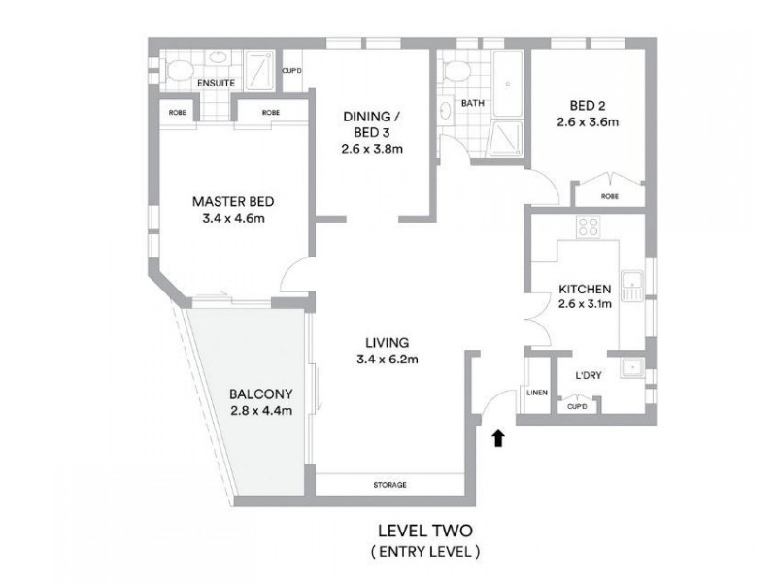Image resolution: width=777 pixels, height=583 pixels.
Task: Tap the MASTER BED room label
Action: point(233,202)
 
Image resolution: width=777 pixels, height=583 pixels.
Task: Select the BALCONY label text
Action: point(261,394)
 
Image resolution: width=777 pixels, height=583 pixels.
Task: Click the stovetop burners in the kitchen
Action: point(589,228)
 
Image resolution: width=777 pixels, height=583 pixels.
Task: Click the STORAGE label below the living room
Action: point(388,485)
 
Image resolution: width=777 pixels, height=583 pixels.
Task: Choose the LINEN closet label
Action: point(537,393)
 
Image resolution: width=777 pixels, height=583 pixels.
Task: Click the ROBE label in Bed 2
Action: point(609,196)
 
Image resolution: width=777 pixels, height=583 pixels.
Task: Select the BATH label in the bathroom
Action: point(473,102)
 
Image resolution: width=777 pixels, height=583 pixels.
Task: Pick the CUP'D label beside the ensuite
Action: point(291,70)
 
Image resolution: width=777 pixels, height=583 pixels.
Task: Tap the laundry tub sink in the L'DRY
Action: point(632,368)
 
